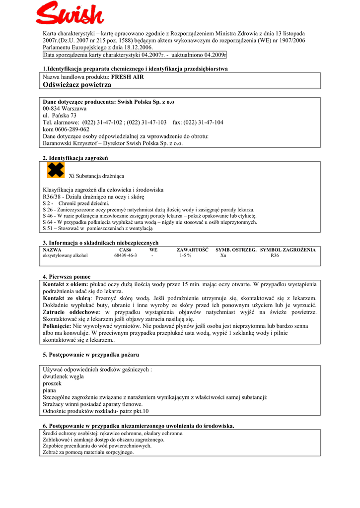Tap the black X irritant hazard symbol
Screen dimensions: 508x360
(56, 170)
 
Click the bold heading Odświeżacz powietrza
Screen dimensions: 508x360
(77, 85)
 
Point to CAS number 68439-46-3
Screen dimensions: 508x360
(125, 255)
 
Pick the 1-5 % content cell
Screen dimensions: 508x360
(185, 255)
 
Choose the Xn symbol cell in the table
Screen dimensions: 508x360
(223, 255)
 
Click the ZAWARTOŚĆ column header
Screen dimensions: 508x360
(192, 250)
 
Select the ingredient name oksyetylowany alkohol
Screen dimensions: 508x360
(65, 255)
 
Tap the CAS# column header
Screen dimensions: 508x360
(125, 250)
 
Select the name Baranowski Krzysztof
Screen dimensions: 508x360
(69, 143)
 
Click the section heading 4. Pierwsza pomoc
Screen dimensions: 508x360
(67, 276)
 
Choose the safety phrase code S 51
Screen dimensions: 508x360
(48, 229)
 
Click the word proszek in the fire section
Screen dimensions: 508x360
(52, 383)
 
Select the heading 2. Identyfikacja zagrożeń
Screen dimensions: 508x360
(75, 158)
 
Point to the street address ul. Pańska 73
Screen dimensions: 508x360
(60, 115)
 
